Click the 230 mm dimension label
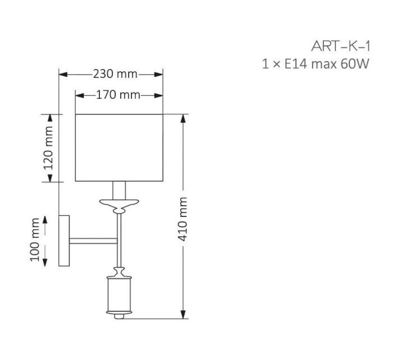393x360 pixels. (x=115, y=74)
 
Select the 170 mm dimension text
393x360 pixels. (x=118, y=95)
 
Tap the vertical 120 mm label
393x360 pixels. (x=48, y=148)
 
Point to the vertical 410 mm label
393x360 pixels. (x=182, y=219)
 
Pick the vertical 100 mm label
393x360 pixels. (x=35, y=240)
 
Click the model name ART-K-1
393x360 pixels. (x=341, y=47)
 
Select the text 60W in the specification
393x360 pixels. (x=355, y=64)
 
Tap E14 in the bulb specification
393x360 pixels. (x=296, y=64)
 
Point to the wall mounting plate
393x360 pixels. (x=64, y=241)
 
